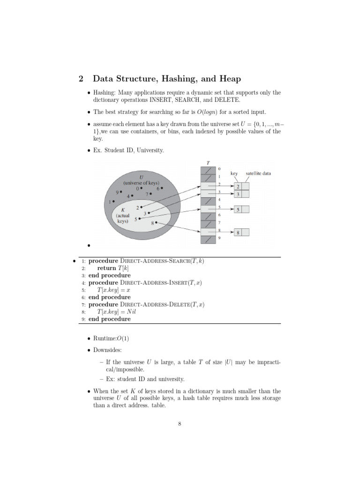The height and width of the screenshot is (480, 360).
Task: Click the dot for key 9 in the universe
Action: pyautogui.click(x=121, y=192)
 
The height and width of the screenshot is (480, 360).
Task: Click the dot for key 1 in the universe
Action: pyautogui.click(x=113, y=201)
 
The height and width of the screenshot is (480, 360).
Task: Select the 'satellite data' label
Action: pyautogui.click(x=258, y=173)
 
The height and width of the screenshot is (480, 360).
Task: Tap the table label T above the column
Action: pyautogui.click(x=208, y=163)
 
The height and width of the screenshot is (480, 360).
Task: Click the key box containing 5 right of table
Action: pyautogui.click(x=238, y=210)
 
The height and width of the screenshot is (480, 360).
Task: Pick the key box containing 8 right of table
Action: pyautogui.click(x=238, y=232)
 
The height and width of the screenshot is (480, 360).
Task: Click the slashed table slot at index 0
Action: pyautogui.click(x=208, y=170)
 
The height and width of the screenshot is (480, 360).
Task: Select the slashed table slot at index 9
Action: pyautogui.click(x=208, y=239)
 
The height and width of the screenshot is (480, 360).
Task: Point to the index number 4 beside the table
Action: pyautogui.click(x=219, y=199)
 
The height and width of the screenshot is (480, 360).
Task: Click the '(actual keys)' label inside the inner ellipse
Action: pyautogui.click(x=123, y=218)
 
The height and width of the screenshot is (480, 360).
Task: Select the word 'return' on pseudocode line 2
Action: pyautogui.click(x=106, y=268)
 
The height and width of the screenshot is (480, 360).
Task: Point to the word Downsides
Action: pyautogui.click(x=109, y=350)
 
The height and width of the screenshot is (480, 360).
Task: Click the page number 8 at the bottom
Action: pyautogui.click(x=180, y=424)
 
